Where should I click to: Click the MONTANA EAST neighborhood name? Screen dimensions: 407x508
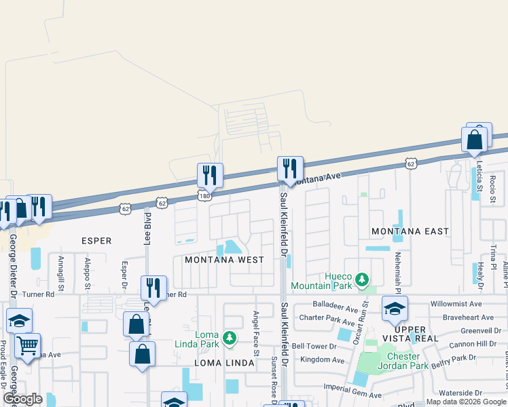tap(410, 231)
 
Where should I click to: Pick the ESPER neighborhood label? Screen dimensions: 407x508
tap(96, 241)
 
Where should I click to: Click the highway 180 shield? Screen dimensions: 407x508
tap(204, 195)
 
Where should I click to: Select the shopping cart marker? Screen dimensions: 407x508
tap(27, 347)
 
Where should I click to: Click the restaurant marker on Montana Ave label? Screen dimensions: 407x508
tap(290, 169)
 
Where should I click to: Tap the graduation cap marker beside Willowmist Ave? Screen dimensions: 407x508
tap(395, 309)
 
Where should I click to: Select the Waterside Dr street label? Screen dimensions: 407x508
tap(460, 393)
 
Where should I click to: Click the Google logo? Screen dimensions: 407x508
tap(22, 400)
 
